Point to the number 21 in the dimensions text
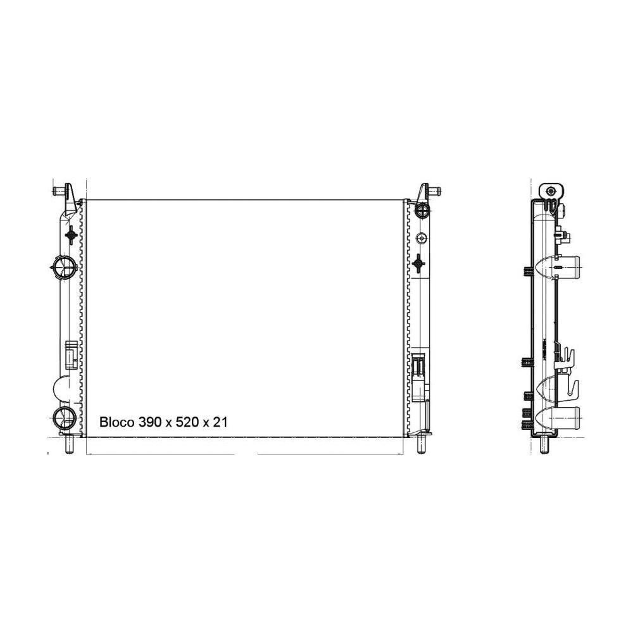[x=220, y=422]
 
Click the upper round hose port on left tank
[x=64, y=267]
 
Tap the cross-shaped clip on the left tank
[x=72, y=235]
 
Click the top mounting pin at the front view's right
[x=434, y=190]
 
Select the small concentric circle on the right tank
[x=422, y=238]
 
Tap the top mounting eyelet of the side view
[x=552, y=191]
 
